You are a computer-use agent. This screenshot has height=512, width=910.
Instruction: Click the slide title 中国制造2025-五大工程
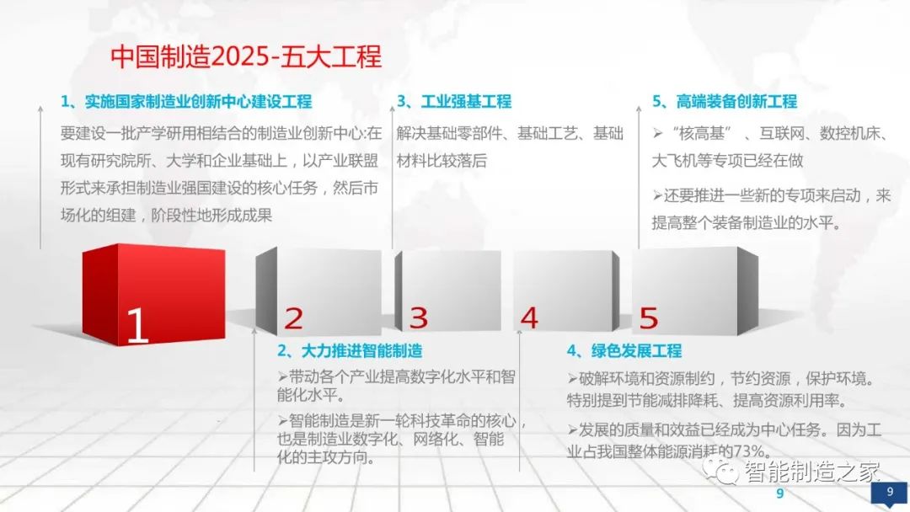pos(246,56)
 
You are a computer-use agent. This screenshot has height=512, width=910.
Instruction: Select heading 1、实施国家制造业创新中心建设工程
pos(186,102)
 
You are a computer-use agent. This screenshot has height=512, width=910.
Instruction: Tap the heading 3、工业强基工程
pos(454,102)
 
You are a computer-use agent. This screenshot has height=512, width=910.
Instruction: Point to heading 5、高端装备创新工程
pos(725,102)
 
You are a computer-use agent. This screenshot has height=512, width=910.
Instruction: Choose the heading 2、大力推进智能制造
pos(350,350)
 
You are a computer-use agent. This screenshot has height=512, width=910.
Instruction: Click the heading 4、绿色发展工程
pos(624,350)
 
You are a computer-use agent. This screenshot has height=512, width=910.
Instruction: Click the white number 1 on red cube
pos(136,325)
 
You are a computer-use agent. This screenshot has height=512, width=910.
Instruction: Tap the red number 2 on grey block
pos(293,318)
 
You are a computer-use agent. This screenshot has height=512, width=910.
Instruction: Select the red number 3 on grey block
pos(419,318)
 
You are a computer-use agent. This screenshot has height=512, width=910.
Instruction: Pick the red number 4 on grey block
pos(529,318)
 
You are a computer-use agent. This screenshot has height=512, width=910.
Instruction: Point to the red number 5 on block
pos(648,318)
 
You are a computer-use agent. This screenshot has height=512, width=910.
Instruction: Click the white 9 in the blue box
pos(890,490)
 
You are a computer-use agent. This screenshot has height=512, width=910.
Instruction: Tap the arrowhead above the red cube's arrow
pos(40,108)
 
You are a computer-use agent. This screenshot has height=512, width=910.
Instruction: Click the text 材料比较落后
pos(442,160)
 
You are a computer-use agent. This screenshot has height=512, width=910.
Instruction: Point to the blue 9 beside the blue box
pos(779,493)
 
